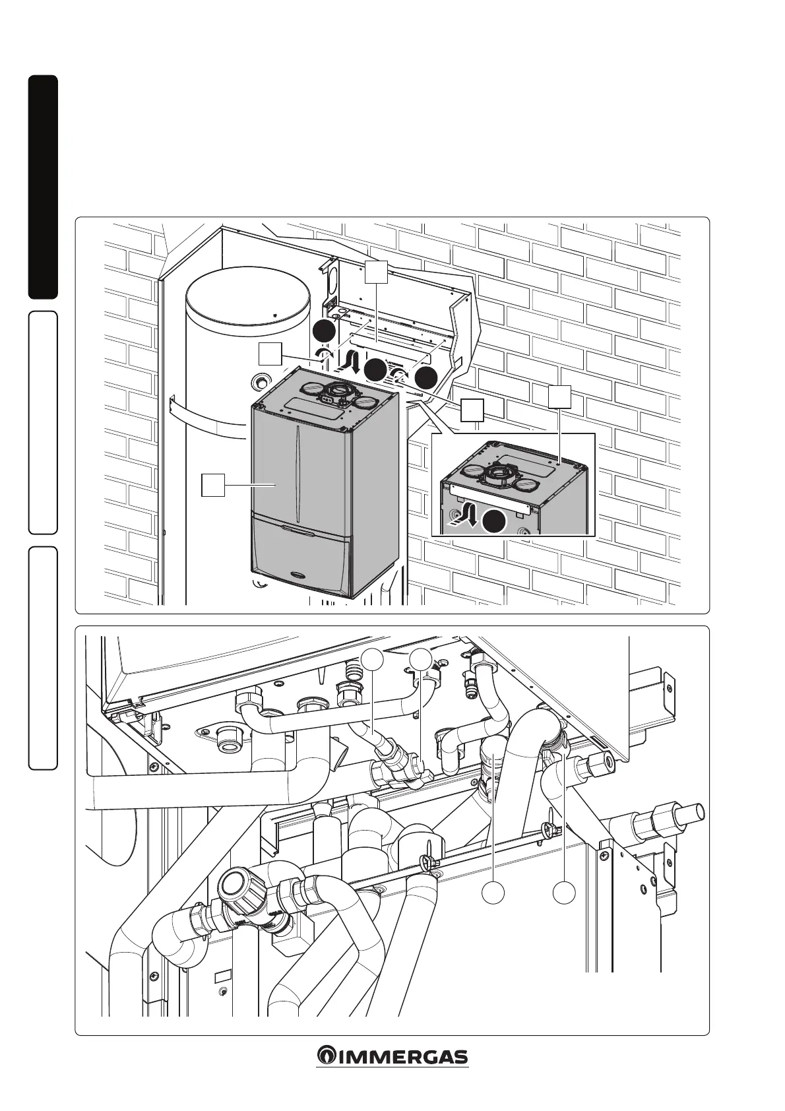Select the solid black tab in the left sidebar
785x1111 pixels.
(x=43, y=187)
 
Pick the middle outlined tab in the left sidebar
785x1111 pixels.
(x=43, y=422)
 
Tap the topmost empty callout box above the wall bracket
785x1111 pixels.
(x=376, y=272)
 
